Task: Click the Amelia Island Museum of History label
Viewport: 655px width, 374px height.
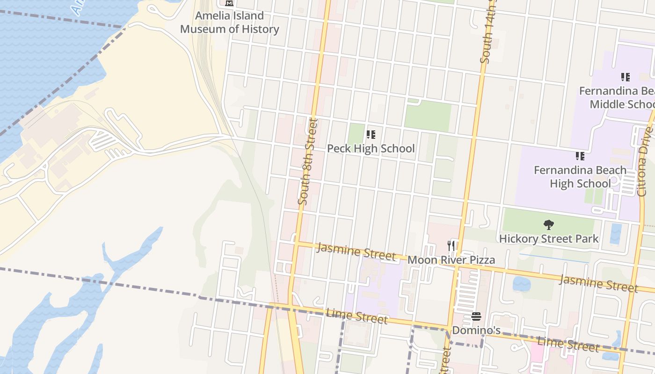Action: [229, 22]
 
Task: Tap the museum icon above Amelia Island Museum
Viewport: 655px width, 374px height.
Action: [229, 3]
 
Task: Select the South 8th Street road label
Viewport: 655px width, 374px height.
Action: [308, 162]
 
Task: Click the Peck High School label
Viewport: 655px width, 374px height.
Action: [371, 149]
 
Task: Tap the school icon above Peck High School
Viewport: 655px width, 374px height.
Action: [371, 135]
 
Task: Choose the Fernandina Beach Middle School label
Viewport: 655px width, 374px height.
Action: [617, 97]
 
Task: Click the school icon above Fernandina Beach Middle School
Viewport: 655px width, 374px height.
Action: [625, 77]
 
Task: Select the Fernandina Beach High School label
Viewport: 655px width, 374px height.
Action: [580, 177]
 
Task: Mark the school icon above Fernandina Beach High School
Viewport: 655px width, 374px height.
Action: [580, 156]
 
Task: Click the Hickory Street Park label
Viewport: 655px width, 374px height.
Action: [549, 239]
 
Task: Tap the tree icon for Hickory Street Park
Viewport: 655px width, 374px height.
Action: [549, 225]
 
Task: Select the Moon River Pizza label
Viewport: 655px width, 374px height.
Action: [451, 260]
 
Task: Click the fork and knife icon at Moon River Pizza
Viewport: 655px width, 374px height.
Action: [451, 245]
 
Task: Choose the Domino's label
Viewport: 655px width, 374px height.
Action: [476, 331]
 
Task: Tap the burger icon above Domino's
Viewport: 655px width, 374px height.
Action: [476, 317]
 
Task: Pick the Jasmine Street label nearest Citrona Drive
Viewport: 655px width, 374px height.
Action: [598, 283]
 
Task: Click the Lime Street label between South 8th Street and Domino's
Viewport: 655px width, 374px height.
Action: [357, 316]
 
